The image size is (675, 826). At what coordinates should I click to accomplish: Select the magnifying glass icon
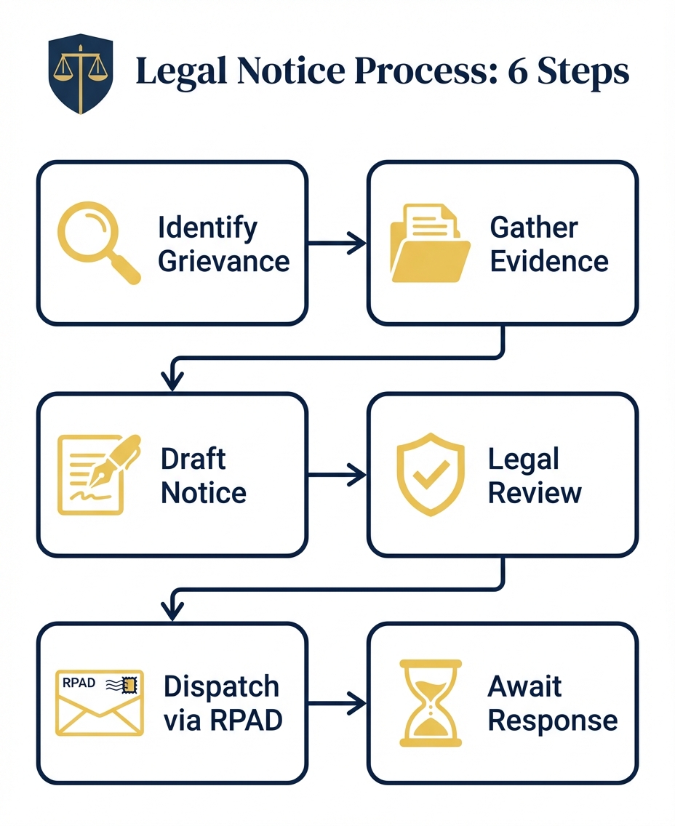[x=97, y=243]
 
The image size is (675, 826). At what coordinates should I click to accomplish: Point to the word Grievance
[x=223, y=260]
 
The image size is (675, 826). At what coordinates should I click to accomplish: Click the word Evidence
[x=549, y=260]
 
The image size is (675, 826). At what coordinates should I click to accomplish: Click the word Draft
[x=193, y=460]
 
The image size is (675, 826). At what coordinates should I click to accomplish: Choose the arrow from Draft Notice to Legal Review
[x=337, y=476]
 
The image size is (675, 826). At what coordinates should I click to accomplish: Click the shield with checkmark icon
[x=429, y=475]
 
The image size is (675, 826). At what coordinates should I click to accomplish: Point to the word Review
[x=535, y=492]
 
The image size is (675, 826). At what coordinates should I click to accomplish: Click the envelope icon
[x=100, y=702]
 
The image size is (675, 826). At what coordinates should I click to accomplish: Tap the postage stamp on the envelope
[x=131, y=684]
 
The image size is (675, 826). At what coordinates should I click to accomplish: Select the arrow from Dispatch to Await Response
[x=337, y=703]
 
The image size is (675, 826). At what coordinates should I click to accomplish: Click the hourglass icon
[x=431, y=703]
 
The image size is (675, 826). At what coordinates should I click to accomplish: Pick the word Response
[x=552, y=720]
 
